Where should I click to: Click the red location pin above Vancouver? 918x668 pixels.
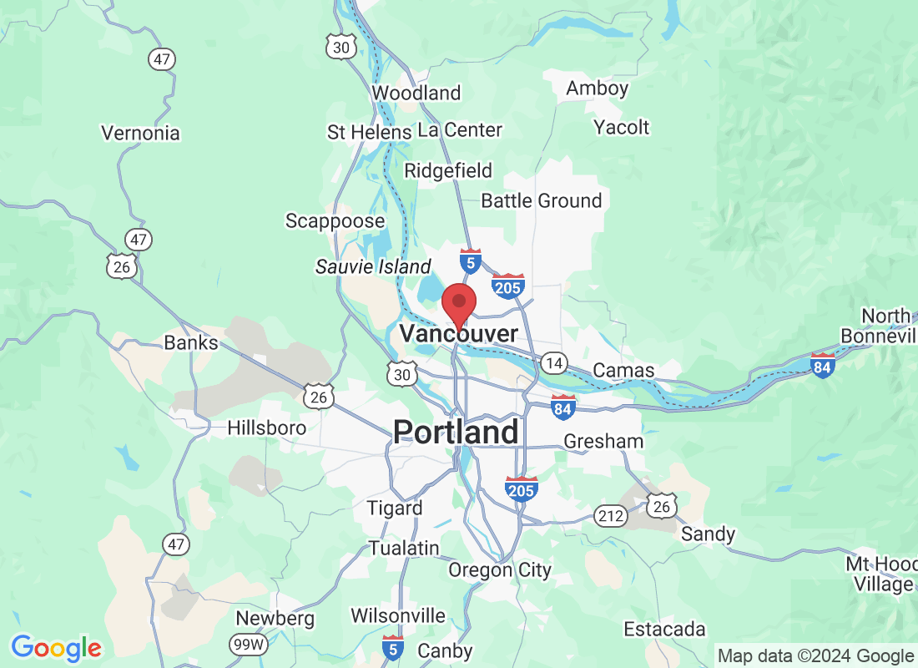pos(458,302)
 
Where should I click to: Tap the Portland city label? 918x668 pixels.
pos(456,432)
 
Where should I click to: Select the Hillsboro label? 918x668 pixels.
pos(267,428)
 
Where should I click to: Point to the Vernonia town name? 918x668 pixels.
pos(140,133)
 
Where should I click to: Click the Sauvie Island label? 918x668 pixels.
pos(373,267)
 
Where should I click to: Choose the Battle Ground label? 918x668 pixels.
pos(542,200)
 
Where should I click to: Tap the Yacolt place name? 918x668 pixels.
pos(621,127)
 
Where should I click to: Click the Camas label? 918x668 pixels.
pos(623,370)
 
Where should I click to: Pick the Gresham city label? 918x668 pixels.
pos(603,441)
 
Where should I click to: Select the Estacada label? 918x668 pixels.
pos(664,629)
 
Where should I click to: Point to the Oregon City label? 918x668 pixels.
pos(500,570)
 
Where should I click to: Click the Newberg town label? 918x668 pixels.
pos(275,619)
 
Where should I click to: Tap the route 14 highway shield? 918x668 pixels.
pos(553,362)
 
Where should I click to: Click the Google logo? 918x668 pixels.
pos(57,647)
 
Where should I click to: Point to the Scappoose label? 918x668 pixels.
pos(335,221)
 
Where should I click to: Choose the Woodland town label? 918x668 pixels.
pos(416,93)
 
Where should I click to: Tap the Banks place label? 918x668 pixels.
pos(191,342)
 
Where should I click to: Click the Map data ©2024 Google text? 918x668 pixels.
pos(815,655)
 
